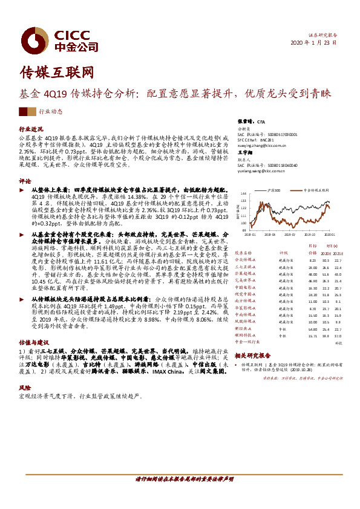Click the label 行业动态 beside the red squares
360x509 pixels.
[51, 112]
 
